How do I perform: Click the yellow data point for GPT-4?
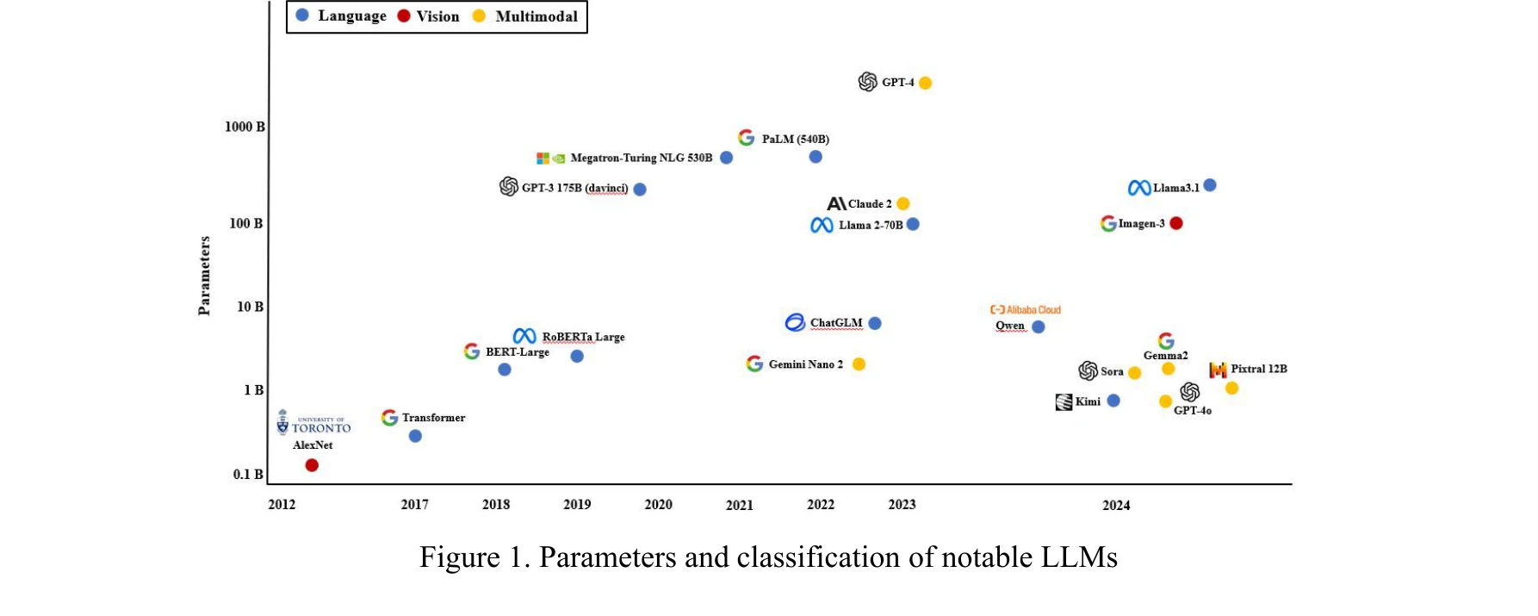point(925,83)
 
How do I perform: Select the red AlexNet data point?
point(312,465)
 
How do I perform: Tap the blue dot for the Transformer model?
point(415,436)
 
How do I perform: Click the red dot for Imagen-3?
point(1176,223)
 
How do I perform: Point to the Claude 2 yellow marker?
point(902,203)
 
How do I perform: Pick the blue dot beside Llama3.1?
point(1210,185)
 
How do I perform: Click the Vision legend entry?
point(429,16)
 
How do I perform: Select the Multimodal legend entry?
point(527,16)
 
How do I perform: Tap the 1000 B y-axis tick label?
point(245,127)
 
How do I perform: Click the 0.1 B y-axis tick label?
point(248,474)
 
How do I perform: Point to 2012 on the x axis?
point(282,504)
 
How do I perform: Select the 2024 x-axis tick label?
point(1116,505)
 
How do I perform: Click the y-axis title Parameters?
point(204,276)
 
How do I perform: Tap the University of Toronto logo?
point(313,423)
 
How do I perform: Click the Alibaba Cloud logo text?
point(1026,309)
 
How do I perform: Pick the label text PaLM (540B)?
point(795,139)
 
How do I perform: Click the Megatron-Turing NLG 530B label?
point(641,158)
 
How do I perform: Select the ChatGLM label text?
point(835,323)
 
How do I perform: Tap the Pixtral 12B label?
point(1258,369)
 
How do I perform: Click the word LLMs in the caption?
point(1079,557)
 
